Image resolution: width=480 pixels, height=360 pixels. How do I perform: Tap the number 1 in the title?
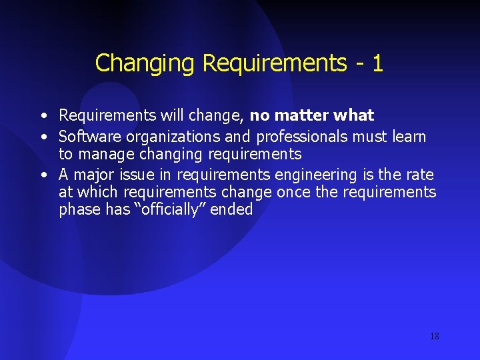pyautogui.click(x=377, y=63)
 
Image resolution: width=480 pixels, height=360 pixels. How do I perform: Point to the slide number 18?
pyautogui.click(x=434, y=336)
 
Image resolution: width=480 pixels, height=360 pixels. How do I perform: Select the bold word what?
pyautogui.click(x=354, y=115)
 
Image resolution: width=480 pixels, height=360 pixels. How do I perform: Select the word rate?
pyautogui.click(x=419, y=175)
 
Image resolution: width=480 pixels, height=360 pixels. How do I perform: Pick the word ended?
pyautogui.click(x=231, y=209)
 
